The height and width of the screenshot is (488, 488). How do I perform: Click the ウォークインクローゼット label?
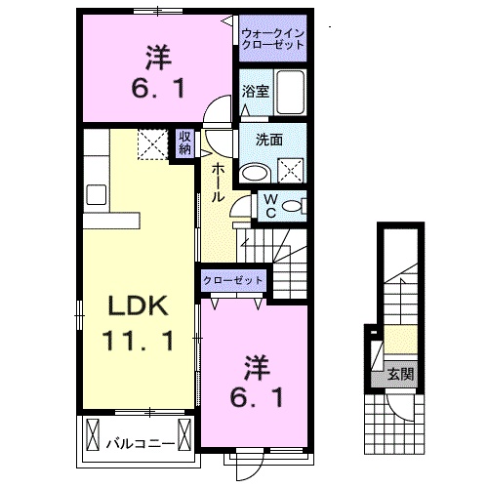coord(273,40)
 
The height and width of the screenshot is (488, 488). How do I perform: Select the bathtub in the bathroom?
coord(290,92)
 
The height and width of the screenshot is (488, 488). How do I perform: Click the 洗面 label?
coord(270,140)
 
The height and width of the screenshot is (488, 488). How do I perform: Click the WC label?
coord(270,206)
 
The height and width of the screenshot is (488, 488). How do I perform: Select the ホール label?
coord(217,183)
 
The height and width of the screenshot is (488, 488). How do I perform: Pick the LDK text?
coord(137,306)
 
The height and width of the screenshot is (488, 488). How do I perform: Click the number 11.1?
coord(137,341)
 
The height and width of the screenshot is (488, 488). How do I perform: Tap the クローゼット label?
coord(234,280)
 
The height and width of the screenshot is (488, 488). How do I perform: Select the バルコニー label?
coord(141,443)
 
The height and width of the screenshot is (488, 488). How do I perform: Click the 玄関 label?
coord(395,374)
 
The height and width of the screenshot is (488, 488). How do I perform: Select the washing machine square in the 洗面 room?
coord(293,172)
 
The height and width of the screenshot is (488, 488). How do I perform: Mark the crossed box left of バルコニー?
coord(94,432)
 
